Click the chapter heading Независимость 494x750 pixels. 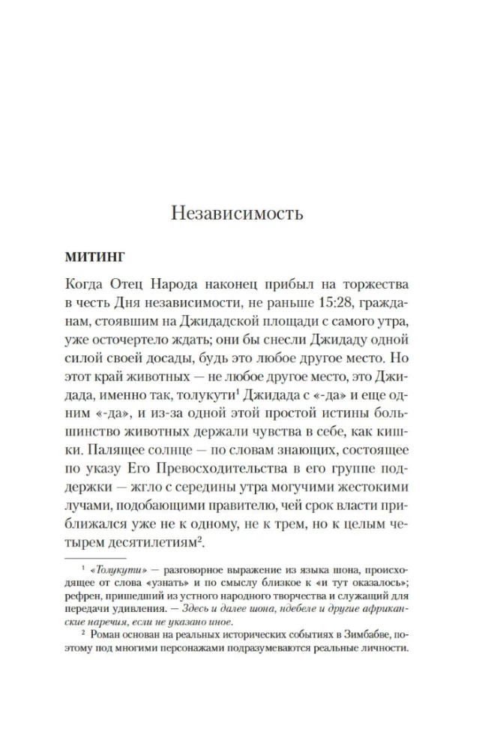(237, 213)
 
